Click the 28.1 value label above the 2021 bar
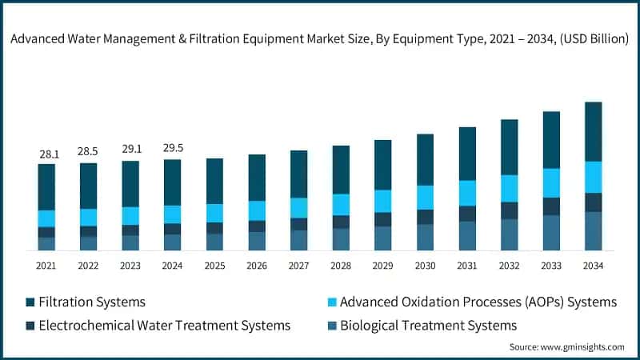pyautogui.click(x=46, y=154)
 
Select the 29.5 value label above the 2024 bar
pyautogui.click(x=172, y=148)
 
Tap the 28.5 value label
pyautogui.click(x=88, y=152)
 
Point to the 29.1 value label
pyautogui.click(x=130, y=150)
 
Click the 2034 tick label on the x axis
pyautogui.click(x=593, y=266)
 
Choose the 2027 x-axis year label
pyautogui.click(x=298, y=266)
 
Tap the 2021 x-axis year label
pyautogui.click(x=46, y=266)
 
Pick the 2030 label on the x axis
pyautogui.click(x=425, y=266)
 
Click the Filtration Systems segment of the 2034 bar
pyautogui.click(x=593, y=132)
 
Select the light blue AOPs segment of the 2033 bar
pyautogui.click(x=551, y=182)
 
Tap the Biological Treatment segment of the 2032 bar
pyautogui.click(x=509, y=234)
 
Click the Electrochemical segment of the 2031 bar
pyautogui.click(x=467, y=214)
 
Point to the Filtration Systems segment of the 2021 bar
pyautogui.click(x=46, y=187)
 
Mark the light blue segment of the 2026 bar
pyautogui.click(x=256, y=210)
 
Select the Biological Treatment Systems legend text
pyautogui.click(x=429, y=325)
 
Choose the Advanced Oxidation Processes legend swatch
pyautogui.click(x=330, y=302)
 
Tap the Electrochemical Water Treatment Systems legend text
pyautogui.click(x=165, y=325)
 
